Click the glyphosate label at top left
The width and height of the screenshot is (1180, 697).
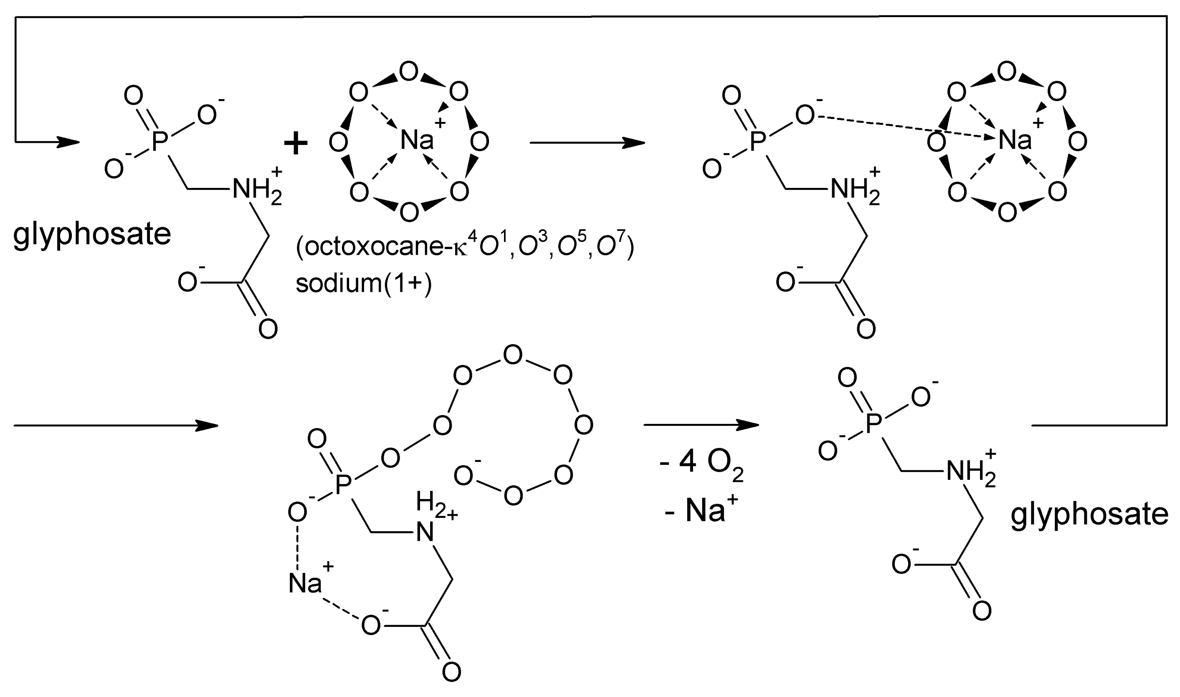pos(92,235)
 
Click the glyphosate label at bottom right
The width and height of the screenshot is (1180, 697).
pos(1089,515)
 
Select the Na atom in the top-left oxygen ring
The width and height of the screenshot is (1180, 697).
pos(416,140)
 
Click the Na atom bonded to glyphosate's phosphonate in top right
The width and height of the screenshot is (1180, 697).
pos(1014,140)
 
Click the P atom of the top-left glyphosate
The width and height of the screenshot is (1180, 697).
pos(160,141)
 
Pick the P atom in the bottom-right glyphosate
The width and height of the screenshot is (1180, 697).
pos(873,425)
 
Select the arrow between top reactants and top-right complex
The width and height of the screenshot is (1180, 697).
pos(587,143)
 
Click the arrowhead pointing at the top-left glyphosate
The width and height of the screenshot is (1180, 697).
pos(68,142)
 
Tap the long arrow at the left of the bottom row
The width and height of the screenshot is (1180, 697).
pos(116,426)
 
